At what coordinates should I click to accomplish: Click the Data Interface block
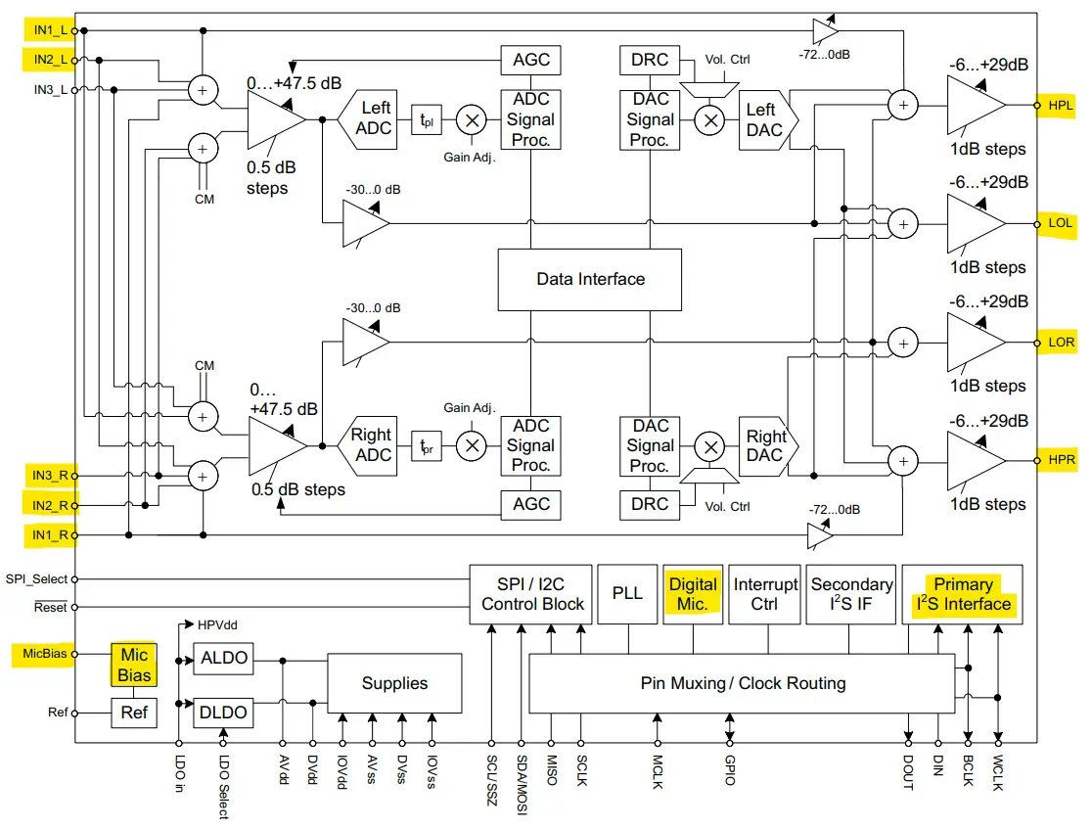click(590, 279)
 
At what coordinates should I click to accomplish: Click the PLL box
click(626, 594)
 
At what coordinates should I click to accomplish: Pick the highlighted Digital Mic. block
click(692, 594)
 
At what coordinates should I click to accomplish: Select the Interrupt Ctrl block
click(765, 594)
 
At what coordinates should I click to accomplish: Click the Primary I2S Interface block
click(962, 594)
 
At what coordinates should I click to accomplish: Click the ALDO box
click(223, 659)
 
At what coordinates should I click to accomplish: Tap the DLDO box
click(223, 712)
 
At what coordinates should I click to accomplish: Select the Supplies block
click(394, 684)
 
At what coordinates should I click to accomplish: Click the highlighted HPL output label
click(1060, 105)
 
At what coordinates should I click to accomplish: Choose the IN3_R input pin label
click(49, 476)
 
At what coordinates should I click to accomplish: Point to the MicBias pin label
click(42, 653)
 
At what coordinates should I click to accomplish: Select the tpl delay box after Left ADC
click(427, 120)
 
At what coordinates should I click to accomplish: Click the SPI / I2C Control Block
click(532, 594)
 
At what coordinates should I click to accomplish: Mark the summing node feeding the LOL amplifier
click(902, 223)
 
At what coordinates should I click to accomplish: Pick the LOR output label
click(1061, 343)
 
